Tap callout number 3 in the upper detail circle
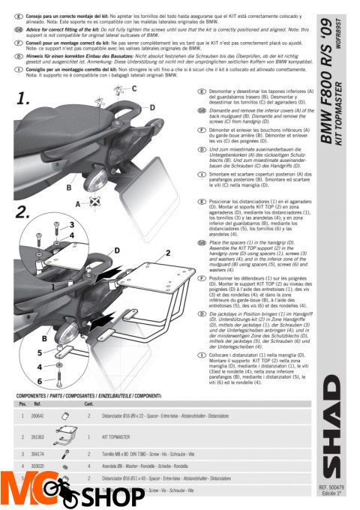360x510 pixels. (71, 224)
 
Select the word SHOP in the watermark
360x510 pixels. (106, 496)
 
